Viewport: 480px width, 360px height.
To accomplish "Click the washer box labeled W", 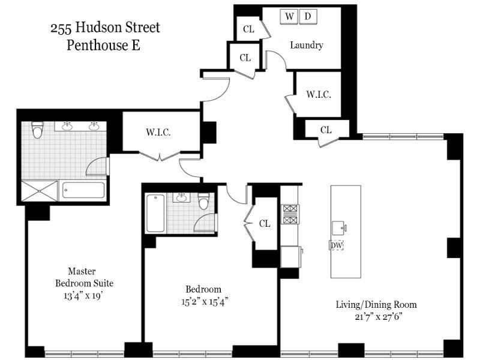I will (x=290, y=17).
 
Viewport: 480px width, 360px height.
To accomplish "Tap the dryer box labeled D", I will (x=308, y=17).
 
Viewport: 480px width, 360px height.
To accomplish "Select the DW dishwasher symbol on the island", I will (x=335, y=245).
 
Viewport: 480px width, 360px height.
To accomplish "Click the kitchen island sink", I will (x=340, y=227).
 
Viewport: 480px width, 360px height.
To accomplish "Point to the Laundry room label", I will (x=307, y=45).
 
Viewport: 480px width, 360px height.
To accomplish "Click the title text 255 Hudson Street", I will (x=105, y=28).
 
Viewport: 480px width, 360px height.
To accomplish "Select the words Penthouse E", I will (x=103, y=45).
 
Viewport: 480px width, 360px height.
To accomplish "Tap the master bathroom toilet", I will (x=38, y=130).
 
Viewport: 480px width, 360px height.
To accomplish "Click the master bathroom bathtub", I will (x=84, y=191).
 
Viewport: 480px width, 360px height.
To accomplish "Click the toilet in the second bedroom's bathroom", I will (x=203, y=202).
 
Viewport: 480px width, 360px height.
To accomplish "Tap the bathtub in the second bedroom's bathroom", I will (x=155, y=213).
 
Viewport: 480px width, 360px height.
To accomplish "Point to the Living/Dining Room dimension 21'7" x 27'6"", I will (x=376, y=316).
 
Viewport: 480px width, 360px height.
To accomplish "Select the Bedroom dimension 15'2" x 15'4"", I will (x=203, y=301).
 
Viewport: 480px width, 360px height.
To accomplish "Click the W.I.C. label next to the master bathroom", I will (x=158, y=133).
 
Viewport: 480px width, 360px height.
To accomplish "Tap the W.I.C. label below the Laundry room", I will (x=318, y=94).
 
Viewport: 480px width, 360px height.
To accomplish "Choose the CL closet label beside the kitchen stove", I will (x=265, y=223).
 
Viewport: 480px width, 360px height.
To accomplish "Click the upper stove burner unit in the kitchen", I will (x=291, y=209).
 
